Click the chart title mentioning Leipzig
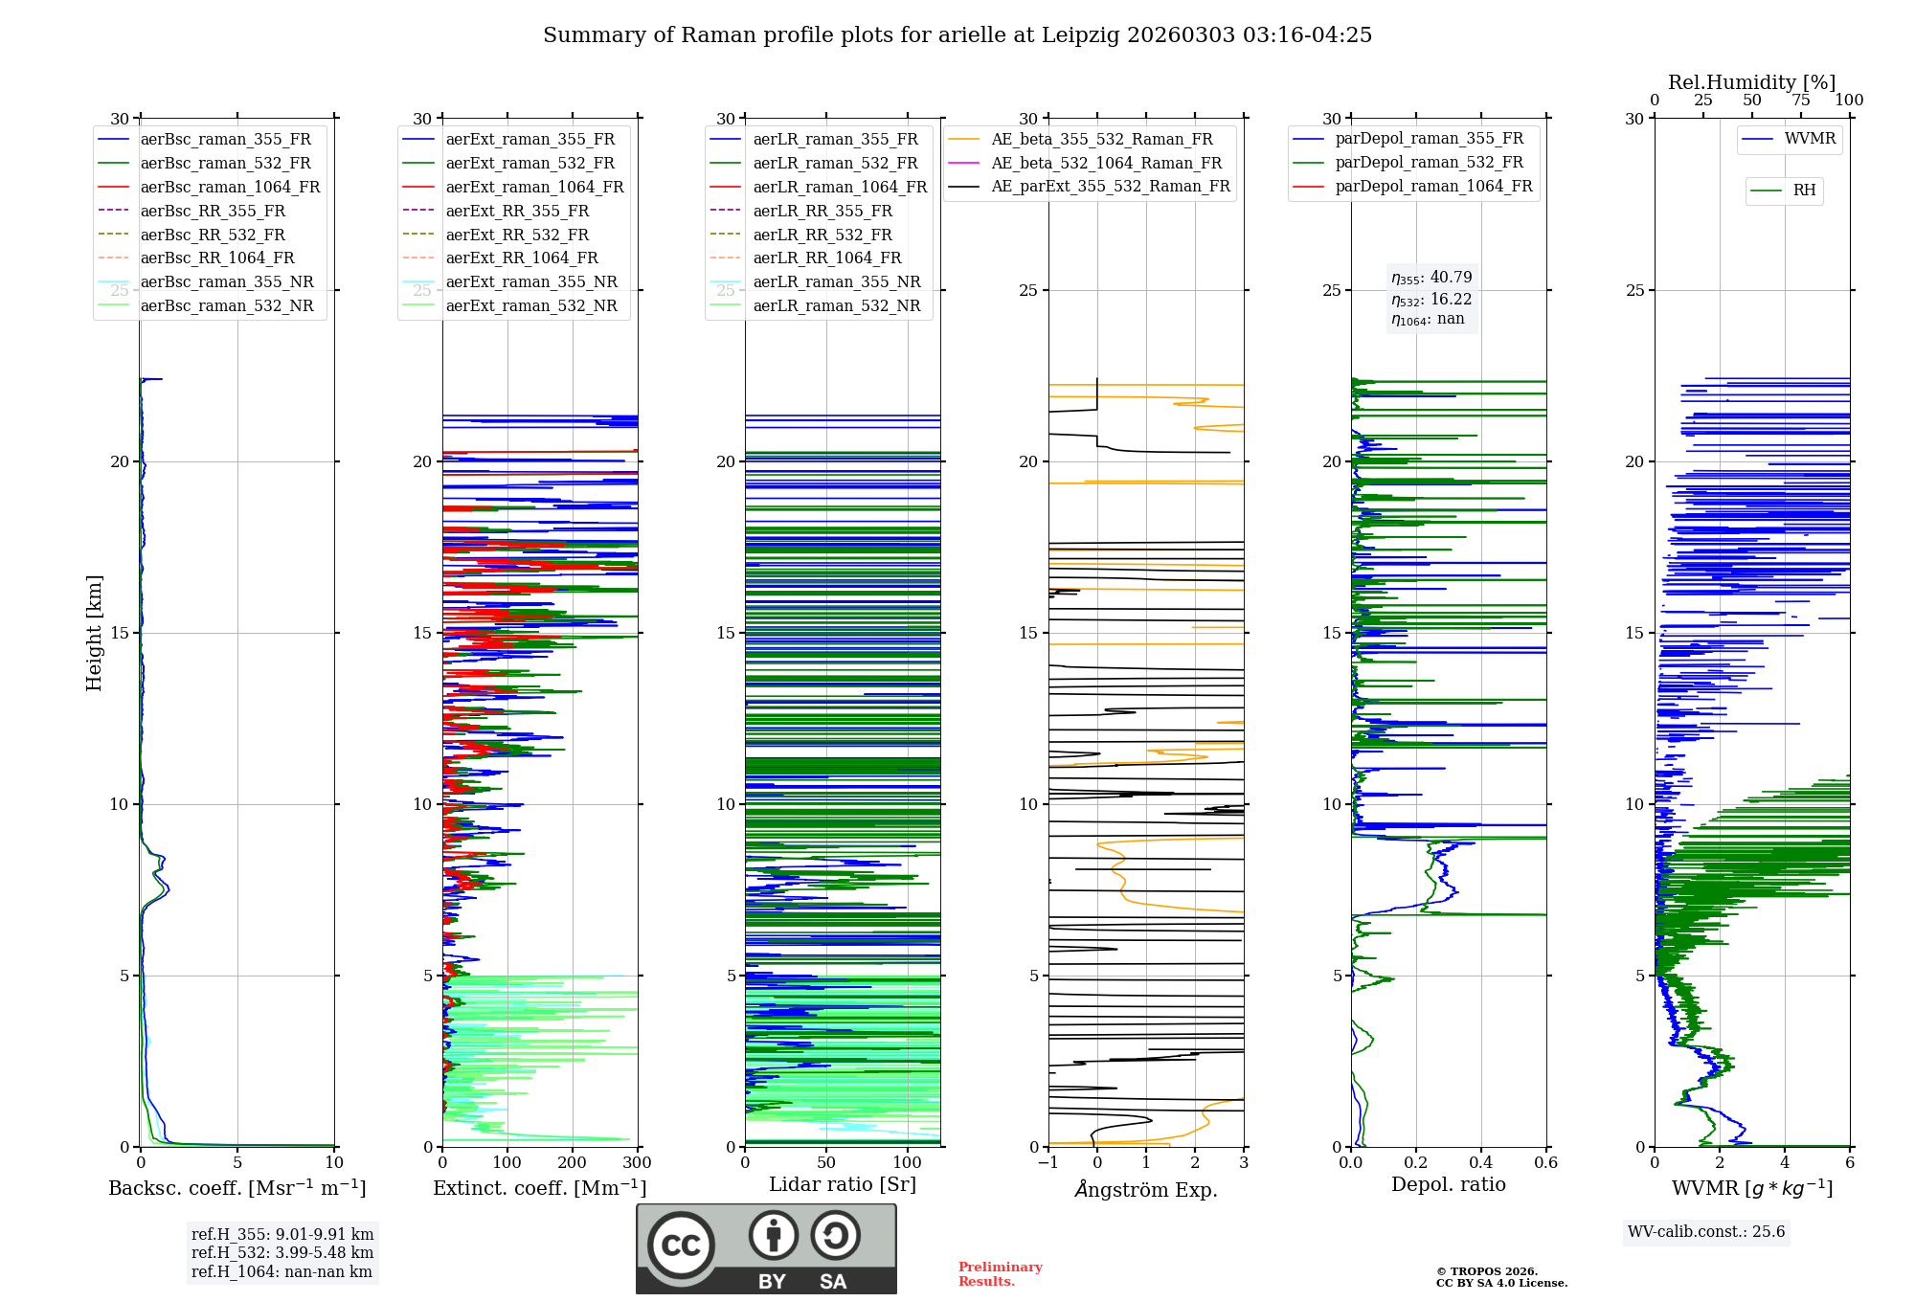[957, 35]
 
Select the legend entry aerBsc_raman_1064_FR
[230, 187]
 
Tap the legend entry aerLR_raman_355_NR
[836, 281]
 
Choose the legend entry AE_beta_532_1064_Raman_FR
[1106, 163]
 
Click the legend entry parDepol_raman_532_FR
[1429, 163]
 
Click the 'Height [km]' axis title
[94, 633]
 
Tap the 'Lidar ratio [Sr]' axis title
[843, 1184]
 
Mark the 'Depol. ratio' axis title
[1448, 1184]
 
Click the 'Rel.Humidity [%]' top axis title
[1751, 82]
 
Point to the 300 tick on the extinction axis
[637, 1163]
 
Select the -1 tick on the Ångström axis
[1048, 1163]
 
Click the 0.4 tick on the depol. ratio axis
[1480, 1163]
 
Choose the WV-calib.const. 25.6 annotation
[1706, 1232]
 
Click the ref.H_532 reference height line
[282, 1252]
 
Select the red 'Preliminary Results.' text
[1000, 1274]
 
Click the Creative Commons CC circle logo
[681, 1246]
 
